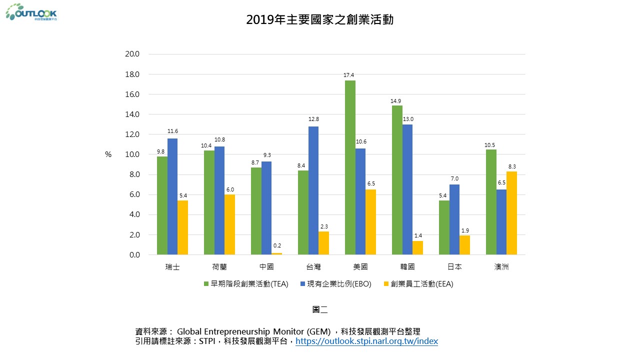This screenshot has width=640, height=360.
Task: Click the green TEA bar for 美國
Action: [x=350, y=167]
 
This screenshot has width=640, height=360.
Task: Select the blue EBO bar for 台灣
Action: [x=313, y=190]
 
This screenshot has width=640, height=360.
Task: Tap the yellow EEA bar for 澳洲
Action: [x=511, y=213]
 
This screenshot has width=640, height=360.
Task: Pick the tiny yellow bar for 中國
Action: [x=276, y=253]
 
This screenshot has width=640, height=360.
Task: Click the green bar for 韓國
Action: [x=397, y=180]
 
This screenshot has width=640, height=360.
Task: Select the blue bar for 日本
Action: [x=454, y=219]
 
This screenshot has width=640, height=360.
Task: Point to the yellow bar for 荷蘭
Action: [x=229, y=224]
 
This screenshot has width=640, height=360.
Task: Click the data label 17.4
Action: [x=348, y=75]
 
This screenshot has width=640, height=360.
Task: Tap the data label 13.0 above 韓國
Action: [x=408, y=119]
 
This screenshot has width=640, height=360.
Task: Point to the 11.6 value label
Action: [x=172, y=131]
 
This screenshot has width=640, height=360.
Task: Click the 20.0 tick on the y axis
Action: [x=132, y=54]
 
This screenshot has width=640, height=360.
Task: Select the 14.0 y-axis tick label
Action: [x=132, y=114]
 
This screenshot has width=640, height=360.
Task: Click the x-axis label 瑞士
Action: [x=172, y=267]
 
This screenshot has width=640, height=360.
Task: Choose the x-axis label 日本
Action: [x=454, y=267]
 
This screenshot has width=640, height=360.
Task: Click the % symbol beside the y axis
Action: [x=108, y=155]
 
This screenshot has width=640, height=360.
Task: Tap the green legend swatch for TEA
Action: [x=206, y=284]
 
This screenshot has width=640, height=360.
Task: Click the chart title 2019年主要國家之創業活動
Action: [x=320, y=19]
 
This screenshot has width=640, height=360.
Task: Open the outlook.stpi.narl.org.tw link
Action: [x=367, y=341]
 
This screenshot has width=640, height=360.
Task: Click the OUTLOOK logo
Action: [x=31, y=12]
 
